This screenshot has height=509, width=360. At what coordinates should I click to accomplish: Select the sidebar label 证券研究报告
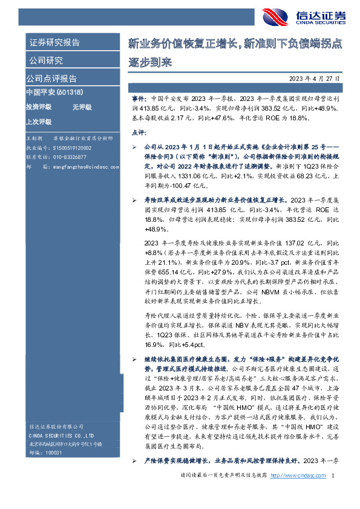tap(54, 43)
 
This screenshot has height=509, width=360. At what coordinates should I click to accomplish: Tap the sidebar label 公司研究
tap(45, 60)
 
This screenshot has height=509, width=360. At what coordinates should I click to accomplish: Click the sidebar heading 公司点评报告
tap(51, 79)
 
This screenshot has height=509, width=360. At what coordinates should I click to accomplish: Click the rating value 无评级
tap(82, 106)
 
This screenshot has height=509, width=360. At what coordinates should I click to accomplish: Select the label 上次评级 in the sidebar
tap(39, 120)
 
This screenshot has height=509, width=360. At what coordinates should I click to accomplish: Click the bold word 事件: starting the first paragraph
tap(139, 97)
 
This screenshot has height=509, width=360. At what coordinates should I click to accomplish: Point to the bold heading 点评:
tap(137, 132)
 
